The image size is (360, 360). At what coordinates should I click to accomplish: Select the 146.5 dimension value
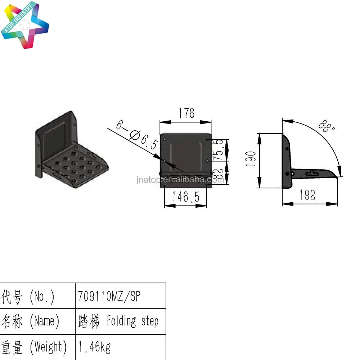click(x=185, y=197)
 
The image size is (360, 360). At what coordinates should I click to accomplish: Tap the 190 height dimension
click(x=252, y=158)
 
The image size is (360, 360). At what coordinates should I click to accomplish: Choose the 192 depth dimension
click(x=307, y=195)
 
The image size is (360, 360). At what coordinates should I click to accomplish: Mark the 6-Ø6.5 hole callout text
click(x=137, y=135)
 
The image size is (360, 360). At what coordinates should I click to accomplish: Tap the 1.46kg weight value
click(x=94, y=347)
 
